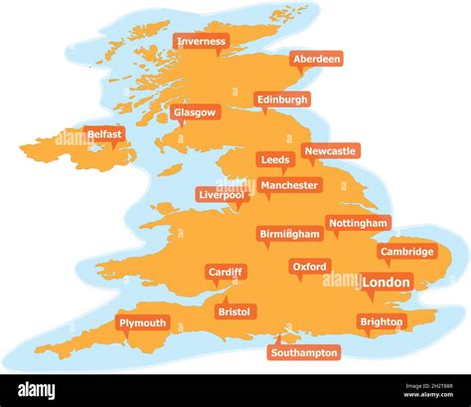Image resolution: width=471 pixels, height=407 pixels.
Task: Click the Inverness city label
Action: (x=201, y=42)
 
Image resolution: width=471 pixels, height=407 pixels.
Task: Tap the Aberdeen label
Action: (x=317, y=59)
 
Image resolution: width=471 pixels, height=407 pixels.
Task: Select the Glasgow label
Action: (x=194, y=112)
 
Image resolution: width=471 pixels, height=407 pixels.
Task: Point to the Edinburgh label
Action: (x=282, y=100)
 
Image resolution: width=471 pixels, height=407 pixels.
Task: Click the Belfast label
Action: (x=104, y=133)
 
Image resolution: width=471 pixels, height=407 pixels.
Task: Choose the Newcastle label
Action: (x=330, y=151)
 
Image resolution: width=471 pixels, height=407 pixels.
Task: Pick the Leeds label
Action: (x=275, y=159)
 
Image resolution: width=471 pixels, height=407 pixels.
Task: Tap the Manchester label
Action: (x=289, y=185)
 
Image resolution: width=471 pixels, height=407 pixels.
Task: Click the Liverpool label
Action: (x=221, y=195)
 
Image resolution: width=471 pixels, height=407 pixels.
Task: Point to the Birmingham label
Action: (x=290, y=234)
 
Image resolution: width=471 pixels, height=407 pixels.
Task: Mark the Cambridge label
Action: (x=407, y=252)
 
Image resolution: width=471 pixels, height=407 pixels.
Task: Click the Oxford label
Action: (x=310, y=267)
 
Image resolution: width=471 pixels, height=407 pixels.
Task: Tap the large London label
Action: (x=386, y=283)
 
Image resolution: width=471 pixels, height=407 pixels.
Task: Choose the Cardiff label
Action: (x=226, y=272)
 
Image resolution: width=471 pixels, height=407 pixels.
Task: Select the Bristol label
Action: (x=235, y=311)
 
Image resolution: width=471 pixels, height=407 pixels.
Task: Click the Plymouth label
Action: (x=142, y=323)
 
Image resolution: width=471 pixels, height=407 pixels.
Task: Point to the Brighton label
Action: (x=382, y=322)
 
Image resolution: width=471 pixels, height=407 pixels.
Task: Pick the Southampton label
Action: (x=304, y=352)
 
